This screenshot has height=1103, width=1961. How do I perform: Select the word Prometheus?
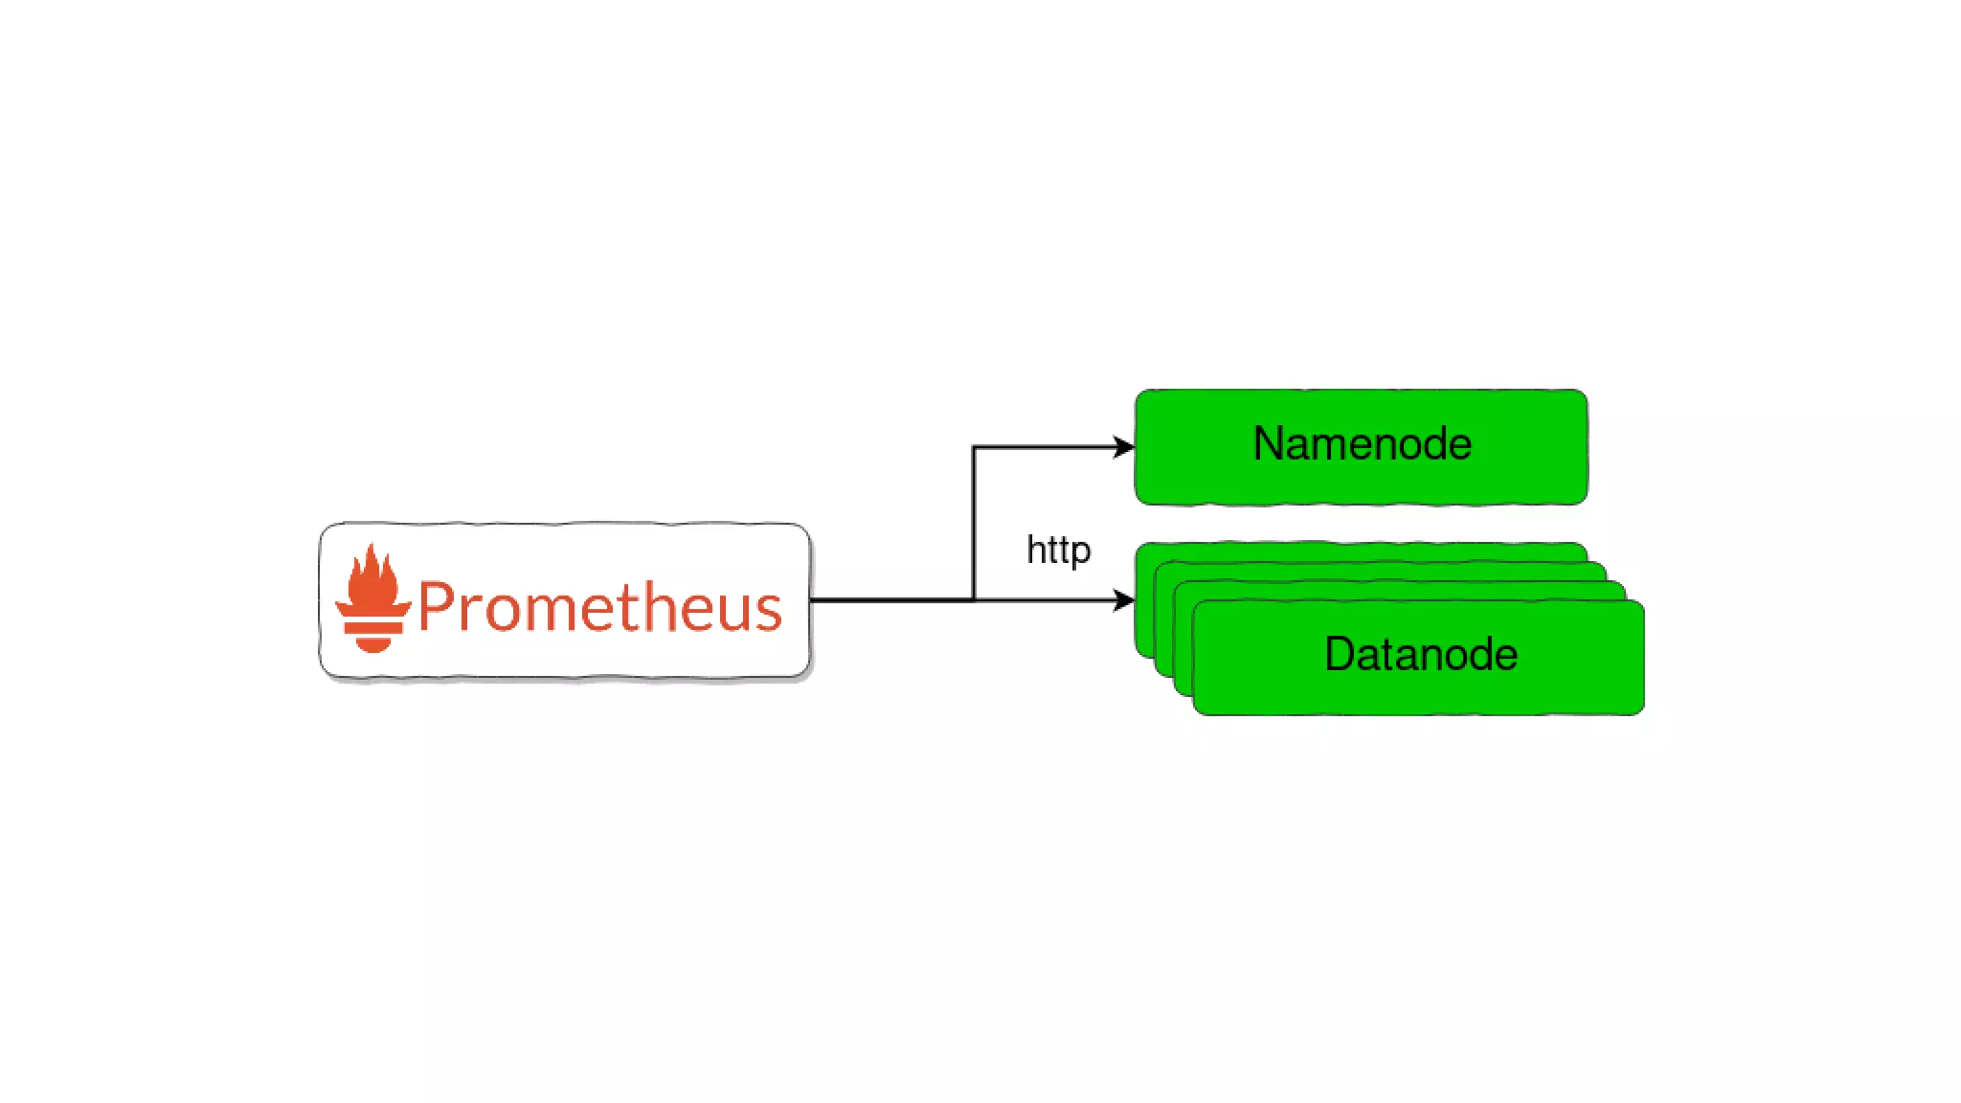(x=600, y=607)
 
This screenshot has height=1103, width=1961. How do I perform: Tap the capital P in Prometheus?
(x=437, y=607)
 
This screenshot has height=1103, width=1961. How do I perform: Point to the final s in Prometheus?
(x=769, y=613)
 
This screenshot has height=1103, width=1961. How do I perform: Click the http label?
(x=1058, y=551)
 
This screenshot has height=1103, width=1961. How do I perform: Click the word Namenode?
(x=1362, y=444)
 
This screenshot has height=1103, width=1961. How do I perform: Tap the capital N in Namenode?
(x=1270, y=444)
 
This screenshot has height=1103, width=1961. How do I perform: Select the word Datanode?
(x=1421, y=655)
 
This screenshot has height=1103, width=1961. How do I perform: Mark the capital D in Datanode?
(x=1340, y=655)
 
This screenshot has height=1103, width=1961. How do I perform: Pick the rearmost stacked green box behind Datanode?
(x=1360, y=551)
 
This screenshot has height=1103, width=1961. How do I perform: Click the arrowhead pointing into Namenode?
(x=1124, y=447)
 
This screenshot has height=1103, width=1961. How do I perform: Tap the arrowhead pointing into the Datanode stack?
(x=1124, y=600)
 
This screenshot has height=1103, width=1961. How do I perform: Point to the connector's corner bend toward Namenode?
(x=974, y=447)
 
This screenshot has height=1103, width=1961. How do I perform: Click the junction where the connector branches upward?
(x=974, y=600)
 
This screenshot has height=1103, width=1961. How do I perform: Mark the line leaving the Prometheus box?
(x=890, y=600)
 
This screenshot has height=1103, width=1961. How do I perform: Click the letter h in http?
(x=1034, y=550)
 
